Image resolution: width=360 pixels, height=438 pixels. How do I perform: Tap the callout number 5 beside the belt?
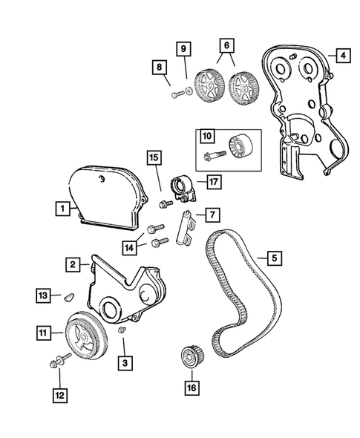(x=274, y=258)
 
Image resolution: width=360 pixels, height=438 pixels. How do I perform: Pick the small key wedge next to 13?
(x=67, y=294)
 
